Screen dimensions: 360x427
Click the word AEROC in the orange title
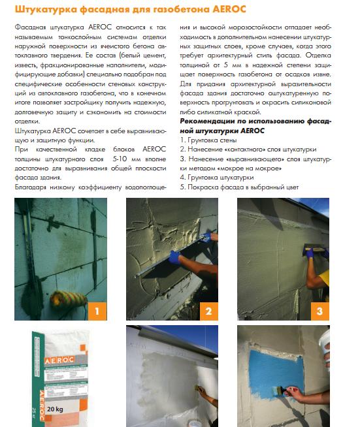click(x=229, y=9)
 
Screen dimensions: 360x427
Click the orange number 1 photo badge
click(x=97, y=311)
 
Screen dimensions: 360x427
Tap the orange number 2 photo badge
click(x=209, y=311)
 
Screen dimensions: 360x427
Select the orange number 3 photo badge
click(x=320, y=311)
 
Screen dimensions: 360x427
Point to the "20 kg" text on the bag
click(x=55, y=409)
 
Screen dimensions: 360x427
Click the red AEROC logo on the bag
click(x=59, y=360)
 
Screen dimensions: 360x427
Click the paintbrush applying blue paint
click(x=280, y=391)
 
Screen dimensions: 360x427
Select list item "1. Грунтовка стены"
click(x=208, y=140)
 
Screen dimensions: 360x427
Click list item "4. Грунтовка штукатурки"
click(x=217, y=178)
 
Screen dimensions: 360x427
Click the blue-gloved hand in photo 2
click(x=174, y=257)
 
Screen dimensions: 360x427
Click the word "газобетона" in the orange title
click(x=182, y=10)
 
